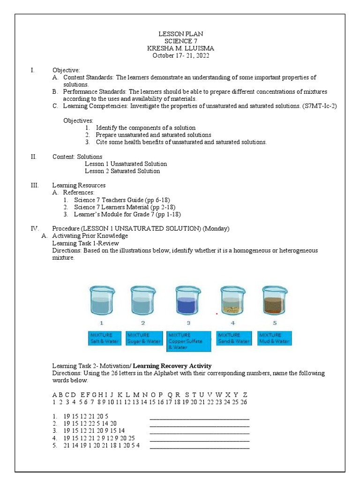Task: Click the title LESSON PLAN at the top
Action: point(180,34)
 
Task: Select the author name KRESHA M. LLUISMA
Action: point(180,48)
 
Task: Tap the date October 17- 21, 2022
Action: point(180,55)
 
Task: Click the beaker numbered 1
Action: point(101,301)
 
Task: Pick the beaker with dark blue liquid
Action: point(188,301)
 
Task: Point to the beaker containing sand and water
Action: point(233,301)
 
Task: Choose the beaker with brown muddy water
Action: point(275,301)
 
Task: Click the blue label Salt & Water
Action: point(105,338)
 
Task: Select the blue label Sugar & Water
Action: point(143,338)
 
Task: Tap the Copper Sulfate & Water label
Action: point(189,341)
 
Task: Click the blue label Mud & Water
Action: point(274,338)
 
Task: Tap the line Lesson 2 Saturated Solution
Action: point(122,171)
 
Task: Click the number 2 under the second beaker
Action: point(143,323)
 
